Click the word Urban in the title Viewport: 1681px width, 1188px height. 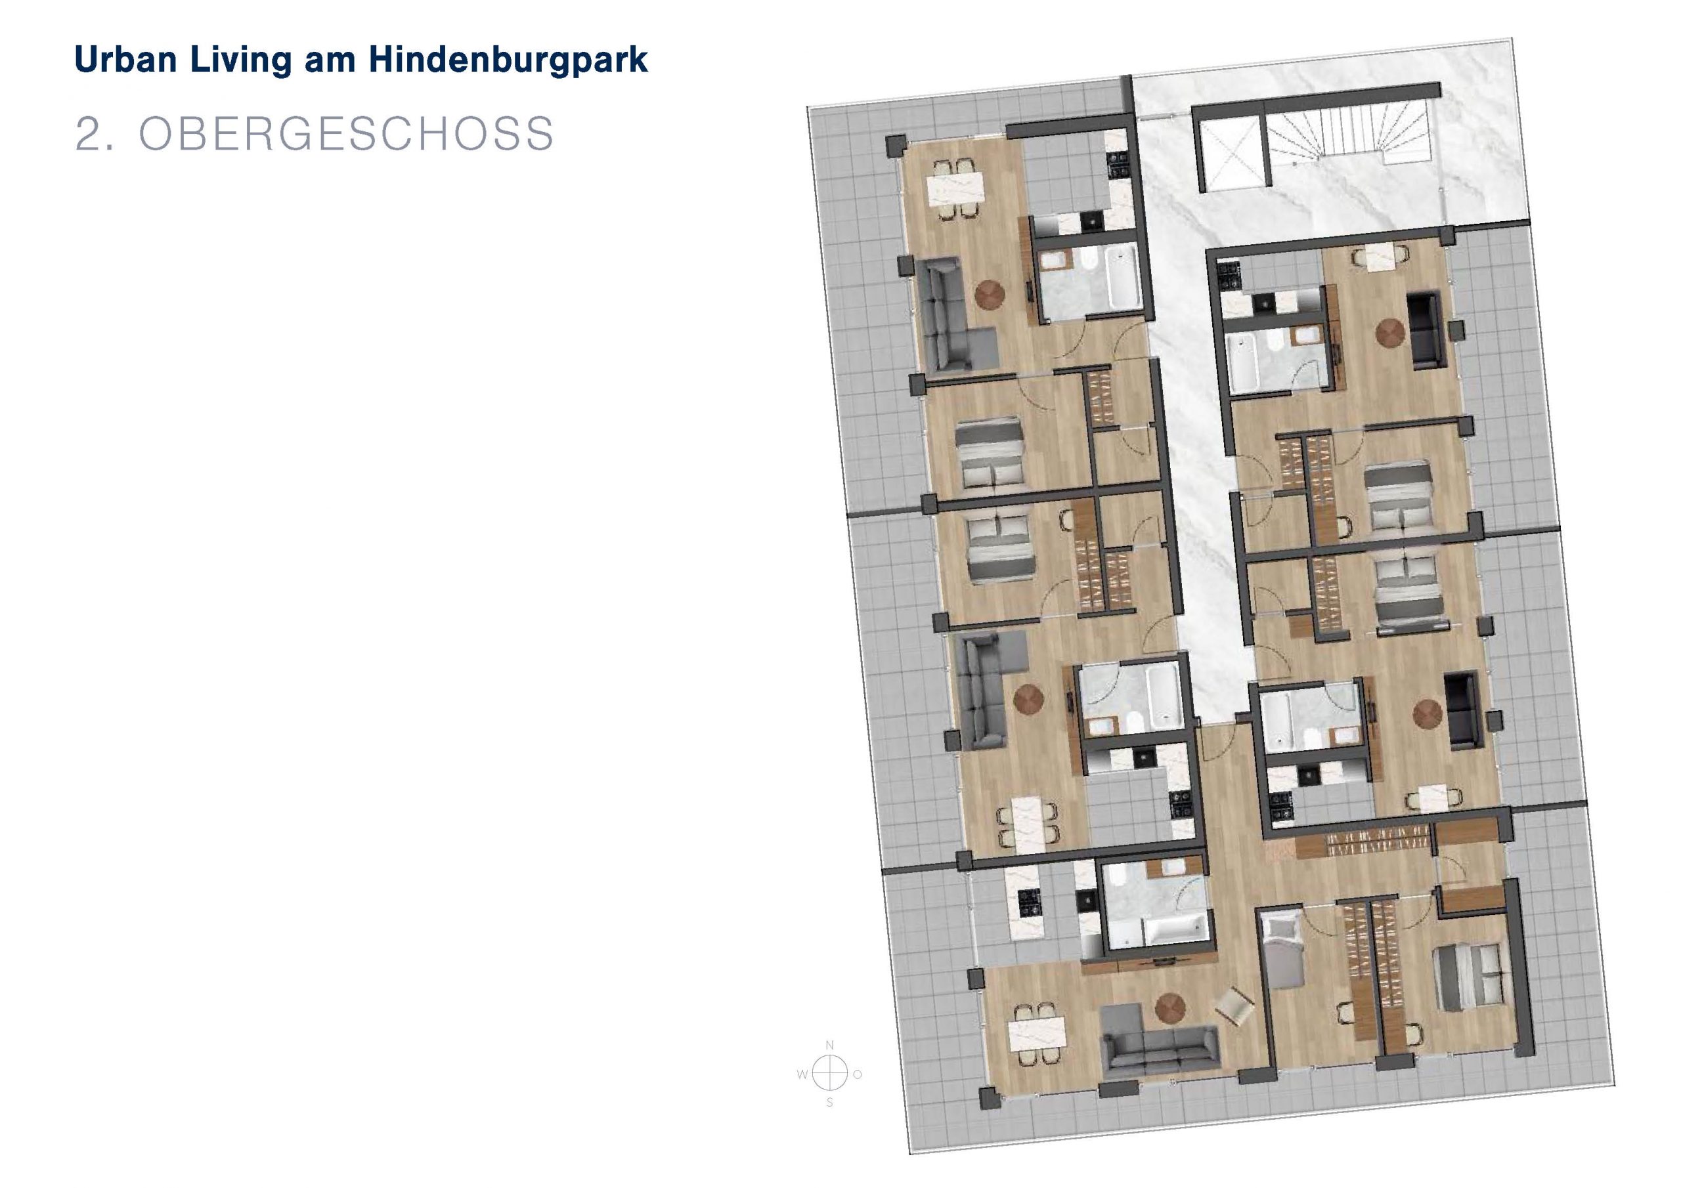click(x=126, y=59)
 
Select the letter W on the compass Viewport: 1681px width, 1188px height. click(x=802, y=1074)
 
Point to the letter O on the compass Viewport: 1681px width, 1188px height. click(x=858, y=1074)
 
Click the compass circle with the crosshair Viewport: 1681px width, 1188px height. click(x=829, y=1074)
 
